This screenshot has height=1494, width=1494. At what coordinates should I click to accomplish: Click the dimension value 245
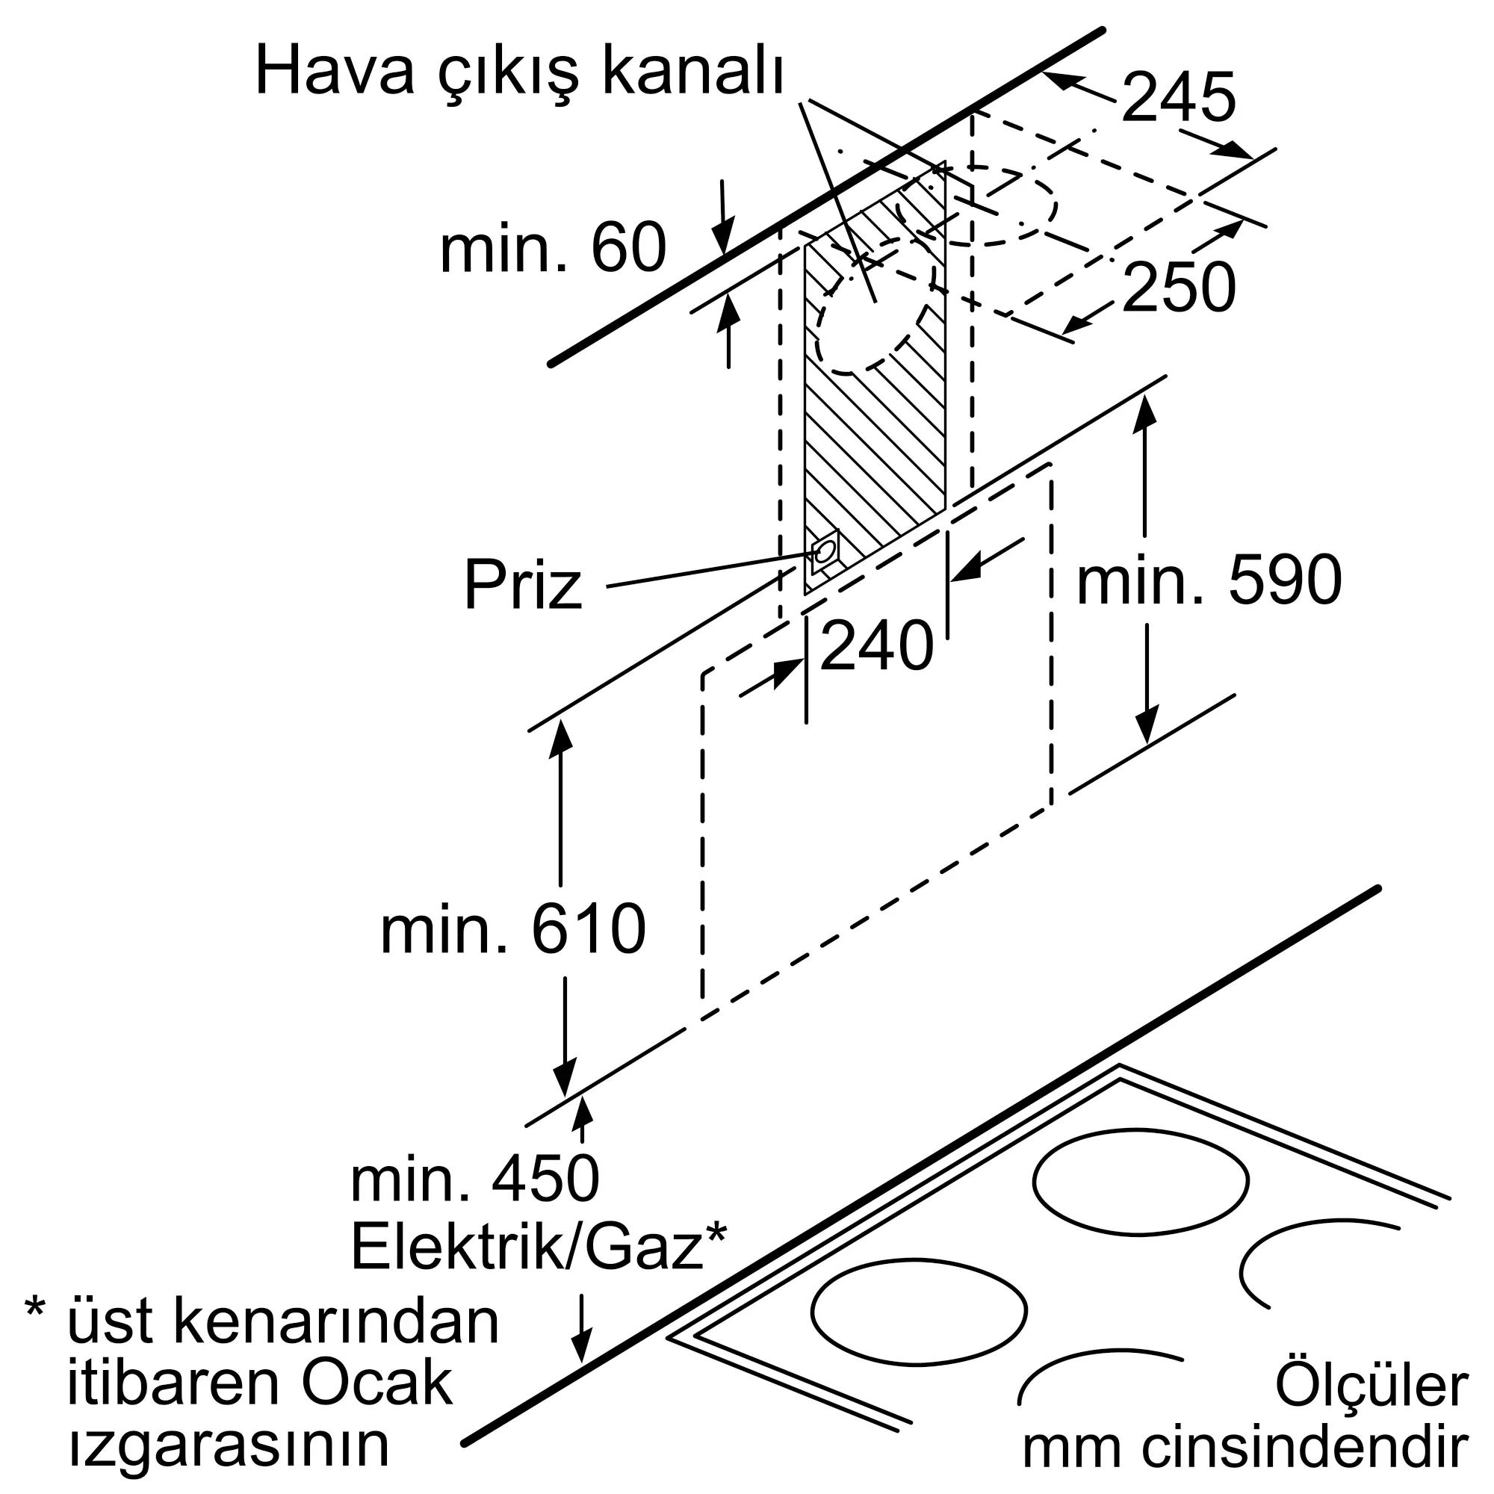coord(1178,98)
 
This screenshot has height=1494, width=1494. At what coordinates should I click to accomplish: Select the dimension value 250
coord(1178,288)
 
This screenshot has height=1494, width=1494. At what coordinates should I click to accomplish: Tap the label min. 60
coord(552,248)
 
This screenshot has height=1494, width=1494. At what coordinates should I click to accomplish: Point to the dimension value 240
coord(876,645)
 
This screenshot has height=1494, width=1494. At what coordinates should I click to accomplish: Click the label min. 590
coord(1209,580)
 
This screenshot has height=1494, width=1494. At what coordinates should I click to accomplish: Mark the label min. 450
coord(474,1180)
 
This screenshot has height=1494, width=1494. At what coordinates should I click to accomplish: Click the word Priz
coord(523,587)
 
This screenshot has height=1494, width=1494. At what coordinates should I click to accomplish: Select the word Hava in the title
coord(334,72)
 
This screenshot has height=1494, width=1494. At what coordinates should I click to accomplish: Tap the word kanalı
coord(693,72)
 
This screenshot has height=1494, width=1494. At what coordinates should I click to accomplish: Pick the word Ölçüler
coord(1370,1385)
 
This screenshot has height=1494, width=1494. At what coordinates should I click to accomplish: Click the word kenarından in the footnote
coord(335,1321)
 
